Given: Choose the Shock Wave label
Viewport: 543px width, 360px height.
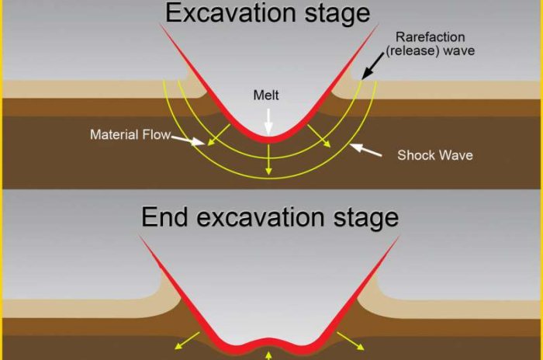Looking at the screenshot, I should [434, 155].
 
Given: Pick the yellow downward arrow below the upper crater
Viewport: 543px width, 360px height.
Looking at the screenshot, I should [268, 159].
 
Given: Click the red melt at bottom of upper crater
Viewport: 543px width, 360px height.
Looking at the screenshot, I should [268, 138].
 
